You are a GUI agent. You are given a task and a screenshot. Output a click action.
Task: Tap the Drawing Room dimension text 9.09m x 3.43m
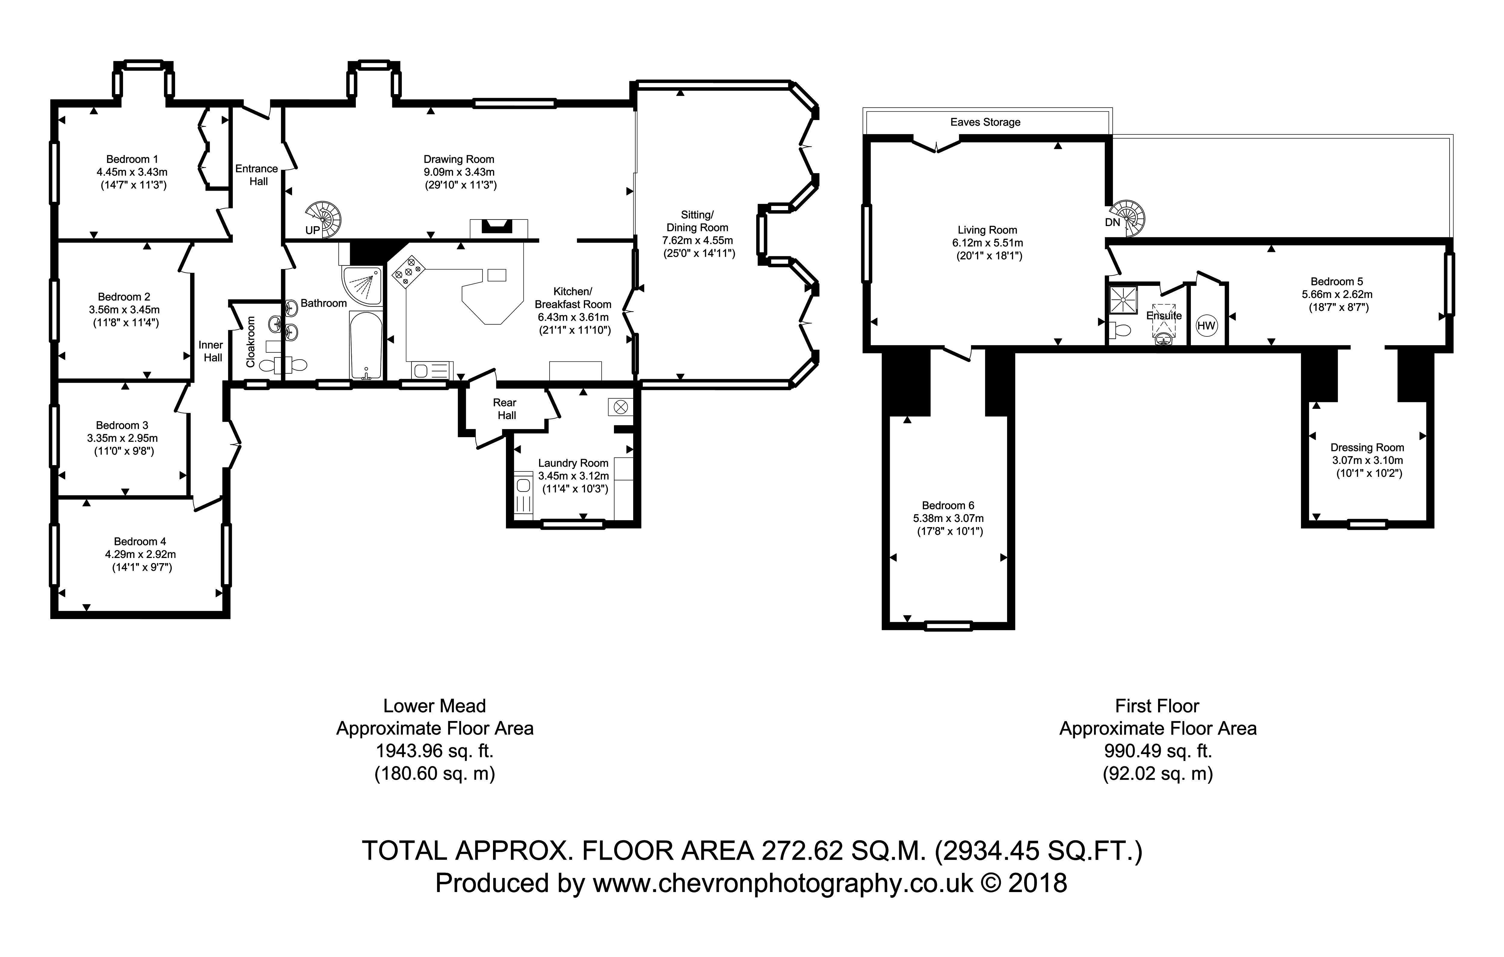pos(459,172)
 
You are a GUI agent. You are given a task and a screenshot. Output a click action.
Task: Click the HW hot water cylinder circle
pos(1206,325)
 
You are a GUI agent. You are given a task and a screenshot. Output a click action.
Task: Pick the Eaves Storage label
pos(986,122)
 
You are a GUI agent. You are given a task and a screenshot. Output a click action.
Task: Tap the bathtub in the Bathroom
pos(366,345)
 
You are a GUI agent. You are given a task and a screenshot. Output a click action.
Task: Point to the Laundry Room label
pos(573,463)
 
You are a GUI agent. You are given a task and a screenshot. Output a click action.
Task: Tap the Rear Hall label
pos(505,409)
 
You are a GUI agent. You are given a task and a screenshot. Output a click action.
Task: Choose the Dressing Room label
pos(1367,448)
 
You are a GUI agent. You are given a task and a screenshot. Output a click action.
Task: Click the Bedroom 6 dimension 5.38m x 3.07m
pos(948,518)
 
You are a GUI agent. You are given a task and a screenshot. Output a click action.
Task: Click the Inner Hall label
pos(211,351)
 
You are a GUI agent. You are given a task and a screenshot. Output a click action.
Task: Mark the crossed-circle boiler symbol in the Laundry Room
pos(620,407)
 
